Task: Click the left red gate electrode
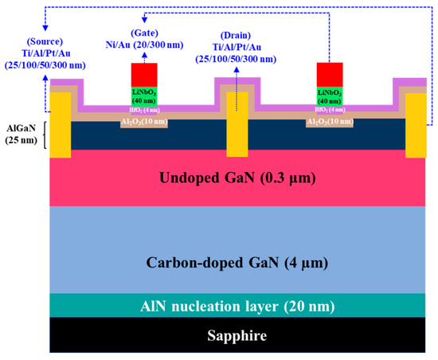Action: tap(145, 74)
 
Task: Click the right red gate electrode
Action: tap(330, 74)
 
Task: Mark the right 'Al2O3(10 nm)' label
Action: tap(330, 121)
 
